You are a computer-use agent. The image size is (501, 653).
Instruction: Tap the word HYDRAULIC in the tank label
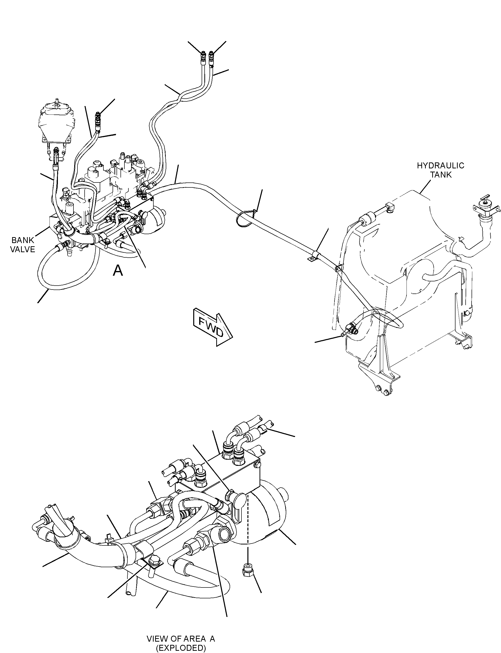point(440,165)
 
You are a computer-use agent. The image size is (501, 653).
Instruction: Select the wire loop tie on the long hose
point(245,218)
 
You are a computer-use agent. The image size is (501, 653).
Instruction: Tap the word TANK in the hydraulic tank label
point(441,175)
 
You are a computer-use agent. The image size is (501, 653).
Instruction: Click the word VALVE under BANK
point(23,249)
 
